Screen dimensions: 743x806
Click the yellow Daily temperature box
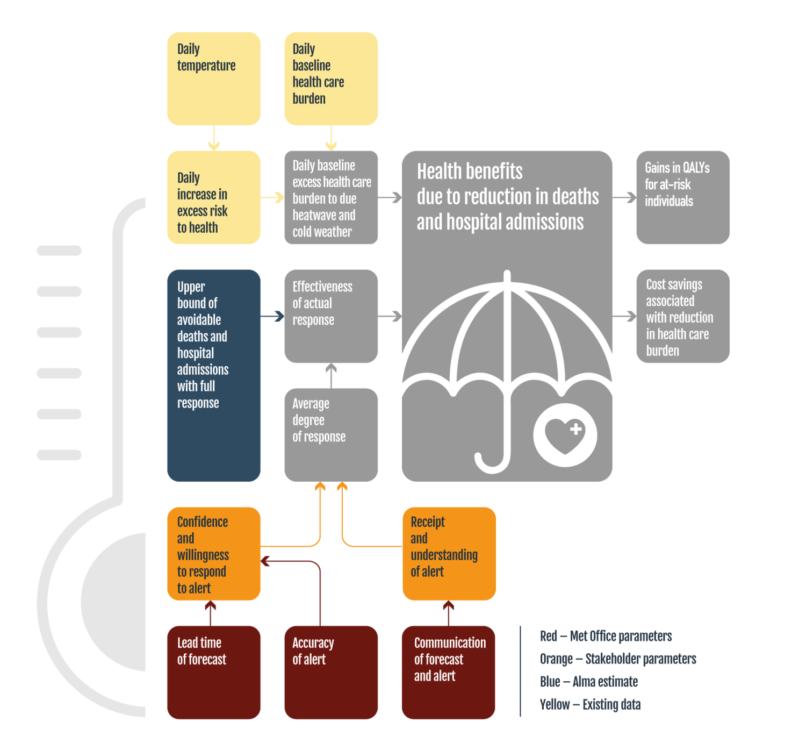click(214, 78)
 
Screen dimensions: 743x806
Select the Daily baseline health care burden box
click(331, 78)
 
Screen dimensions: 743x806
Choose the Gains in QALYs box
click(682, 197)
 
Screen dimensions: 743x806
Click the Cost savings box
click(682, 316)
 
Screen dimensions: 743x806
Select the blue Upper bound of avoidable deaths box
click(214, 375)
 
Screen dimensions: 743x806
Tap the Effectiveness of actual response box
click(331, 316)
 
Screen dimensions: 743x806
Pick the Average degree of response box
click(331, 434)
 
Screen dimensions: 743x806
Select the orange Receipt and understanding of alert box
click(449, 554)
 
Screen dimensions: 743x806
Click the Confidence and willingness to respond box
click(214, 554)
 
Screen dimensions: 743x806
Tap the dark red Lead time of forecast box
click(214, 672)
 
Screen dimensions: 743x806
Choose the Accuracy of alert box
click(331, 672)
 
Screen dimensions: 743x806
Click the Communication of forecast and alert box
click(449, 672)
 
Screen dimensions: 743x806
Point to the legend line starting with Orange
click(618, 659)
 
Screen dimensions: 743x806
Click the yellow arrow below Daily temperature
click(214, 138)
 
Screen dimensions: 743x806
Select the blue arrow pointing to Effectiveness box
click(273, 316)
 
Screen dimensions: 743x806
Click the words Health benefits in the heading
click(470, 172)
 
